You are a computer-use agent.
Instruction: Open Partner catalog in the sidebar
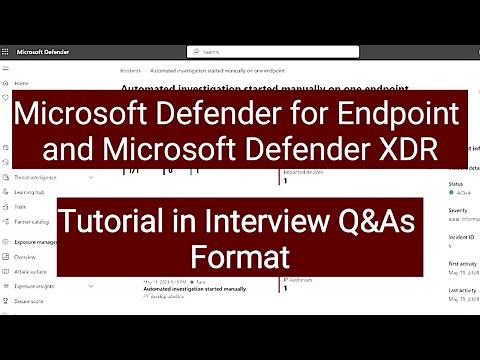pos(33,221)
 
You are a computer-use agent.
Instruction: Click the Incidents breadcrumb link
pos(131,72)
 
